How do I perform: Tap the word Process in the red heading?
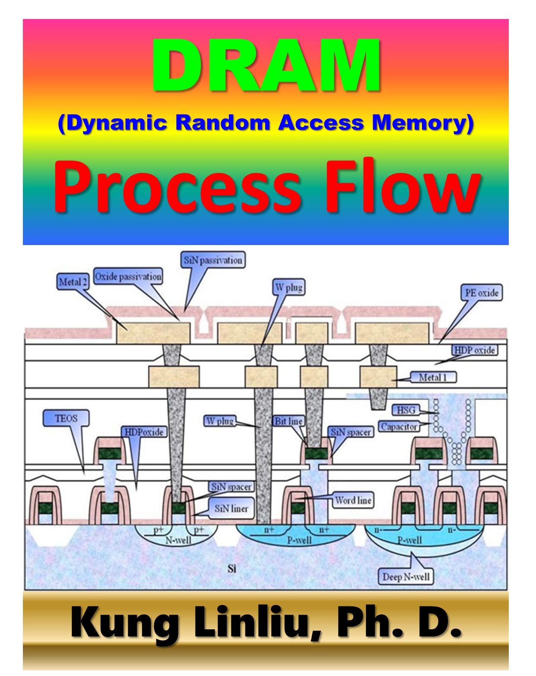[177, 187]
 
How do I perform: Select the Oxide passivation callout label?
[128, 277]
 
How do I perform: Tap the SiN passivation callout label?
[213, 260]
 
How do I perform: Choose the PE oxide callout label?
[482, 293]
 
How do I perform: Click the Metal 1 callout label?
[433, 377]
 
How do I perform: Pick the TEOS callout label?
[66, 418]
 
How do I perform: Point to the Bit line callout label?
[289, 421]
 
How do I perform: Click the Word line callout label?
[353, 500]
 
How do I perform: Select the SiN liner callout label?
[231, 509]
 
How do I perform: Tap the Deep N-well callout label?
[406, 577]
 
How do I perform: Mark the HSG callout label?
[406, 410]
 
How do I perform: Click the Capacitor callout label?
[399, 427]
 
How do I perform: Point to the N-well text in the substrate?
[178, 540]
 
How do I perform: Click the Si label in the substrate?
[232, 568]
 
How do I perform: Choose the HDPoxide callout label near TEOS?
[144, 432]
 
